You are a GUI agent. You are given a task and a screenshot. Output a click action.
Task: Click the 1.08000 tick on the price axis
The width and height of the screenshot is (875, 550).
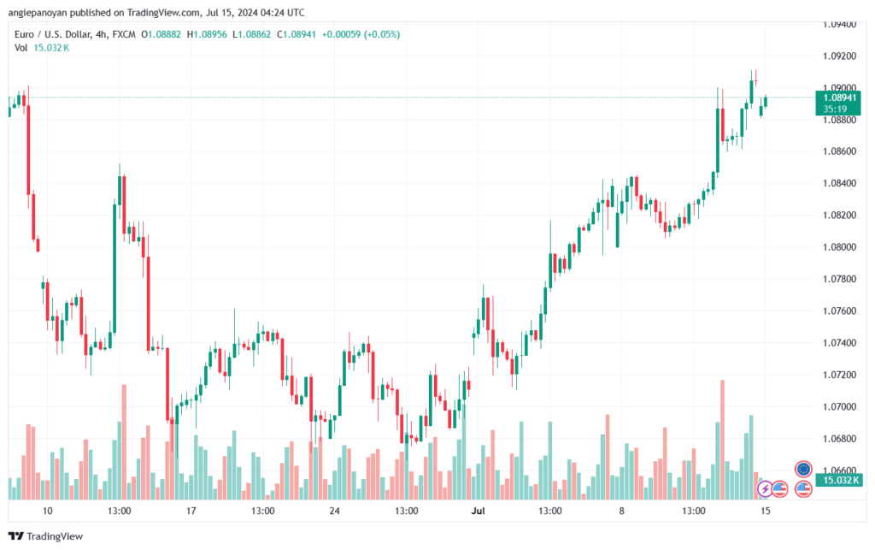pyautogui.click(x=839, y=247)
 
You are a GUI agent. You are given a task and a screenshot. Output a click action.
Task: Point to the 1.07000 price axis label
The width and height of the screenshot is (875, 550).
pyautogui.click(x=839, y=407)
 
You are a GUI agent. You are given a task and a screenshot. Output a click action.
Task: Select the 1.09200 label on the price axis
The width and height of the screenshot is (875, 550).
pyautogui.click(x=839, y=56)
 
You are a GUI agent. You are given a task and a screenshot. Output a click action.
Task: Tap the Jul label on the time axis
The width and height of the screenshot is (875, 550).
pyautogui.click(x=478, y=511)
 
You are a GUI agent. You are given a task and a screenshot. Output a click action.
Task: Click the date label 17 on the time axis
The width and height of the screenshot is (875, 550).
pyautogui.click(x=191, y=511)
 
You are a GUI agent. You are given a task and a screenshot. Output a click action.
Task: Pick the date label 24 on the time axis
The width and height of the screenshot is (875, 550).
pyautogui.click(x=334, y=511)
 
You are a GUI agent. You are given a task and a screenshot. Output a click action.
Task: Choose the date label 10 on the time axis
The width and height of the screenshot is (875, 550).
pyautogui.click(x=48, y=511)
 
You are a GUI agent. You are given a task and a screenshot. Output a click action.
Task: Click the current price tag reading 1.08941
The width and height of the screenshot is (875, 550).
pyautogui.click(x=839, y=98)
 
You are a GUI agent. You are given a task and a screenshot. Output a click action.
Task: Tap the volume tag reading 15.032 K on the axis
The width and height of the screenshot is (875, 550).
pyautogui.click(x=841, y=480)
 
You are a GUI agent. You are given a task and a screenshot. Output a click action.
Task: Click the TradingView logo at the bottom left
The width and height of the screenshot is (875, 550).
pyautogui.click(x=46, y=536)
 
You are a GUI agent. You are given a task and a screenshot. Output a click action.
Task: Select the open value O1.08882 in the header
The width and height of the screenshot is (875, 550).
pyautogui.click(x=161, y=34)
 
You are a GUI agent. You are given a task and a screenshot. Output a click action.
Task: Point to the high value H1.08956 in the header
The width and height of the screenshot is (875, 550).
pyautogui.click(x=207, y=34)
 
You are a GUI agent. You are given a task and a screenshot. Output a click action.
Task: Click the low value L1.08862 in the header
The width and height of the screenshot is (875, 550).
pyautogui.click(x=252, y=34)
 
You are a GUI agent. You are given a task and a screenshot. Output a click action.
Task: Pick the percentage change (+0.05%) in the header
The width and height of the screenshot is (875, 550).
pyautogui.click(x=382, y=34)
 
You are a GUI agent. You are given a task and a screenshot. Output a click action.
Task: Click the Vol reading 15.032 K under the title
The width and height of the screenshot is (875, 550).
pyautogui.click(x=51, y=48)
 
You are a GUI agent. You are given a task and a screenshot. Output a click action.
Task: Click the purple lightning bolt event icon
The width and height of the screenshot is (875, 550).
pyautogui.click(x=765, y=489)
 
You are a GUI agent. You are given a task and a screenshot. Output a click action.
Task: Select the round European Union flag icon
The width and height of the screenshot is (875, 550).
pyautogui.click(x=803, y=469)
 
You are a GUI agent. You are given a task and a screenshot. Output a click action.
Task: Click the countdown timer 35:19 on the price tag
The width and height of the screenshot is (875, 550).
pyautogui.click(x=835, y=109)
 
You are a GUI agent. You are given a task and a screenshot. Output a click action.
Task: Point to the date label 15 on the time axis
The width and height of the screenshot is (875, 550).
pyautogui.click(x=765, y=511)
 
